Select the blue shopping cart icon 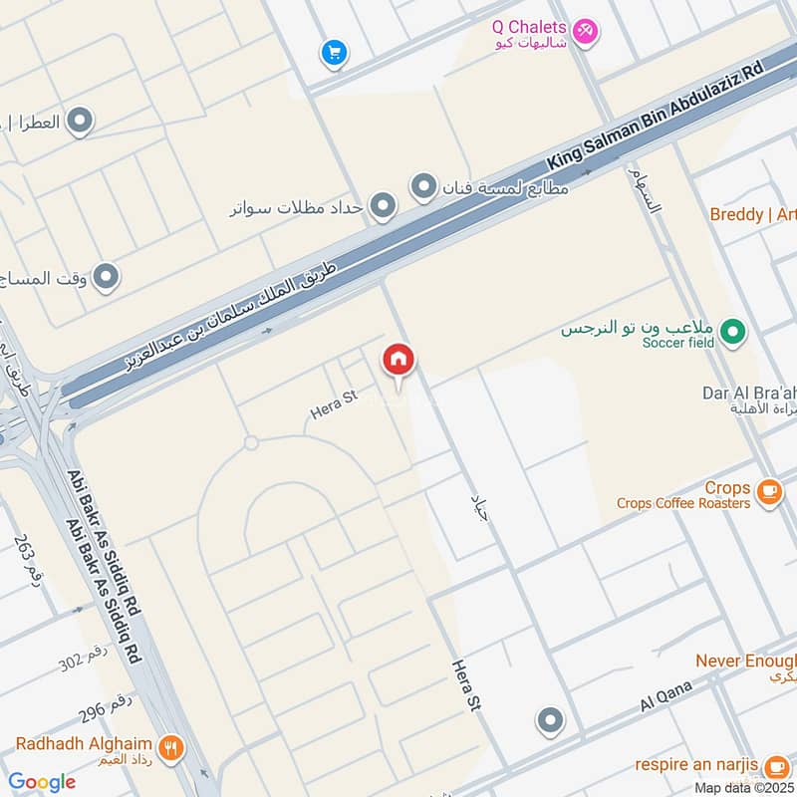tap(333, 51)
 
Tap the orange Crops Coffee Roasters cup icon tap(768, 491)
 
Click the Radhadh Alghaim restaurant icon tap(171, 745)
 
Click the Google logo tap(42, 782)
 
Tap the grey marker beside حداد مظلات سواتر tap(383, 207)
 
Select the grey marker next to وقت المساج tap(106, 277)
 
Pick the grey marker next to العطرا tap(81, 122)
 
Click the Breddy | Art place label tap(752, 214)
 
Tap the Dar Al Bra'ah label tap(748, 393)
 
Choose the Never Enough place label tap(745, 661)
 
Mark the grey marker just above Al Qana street tap(550, 719)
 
